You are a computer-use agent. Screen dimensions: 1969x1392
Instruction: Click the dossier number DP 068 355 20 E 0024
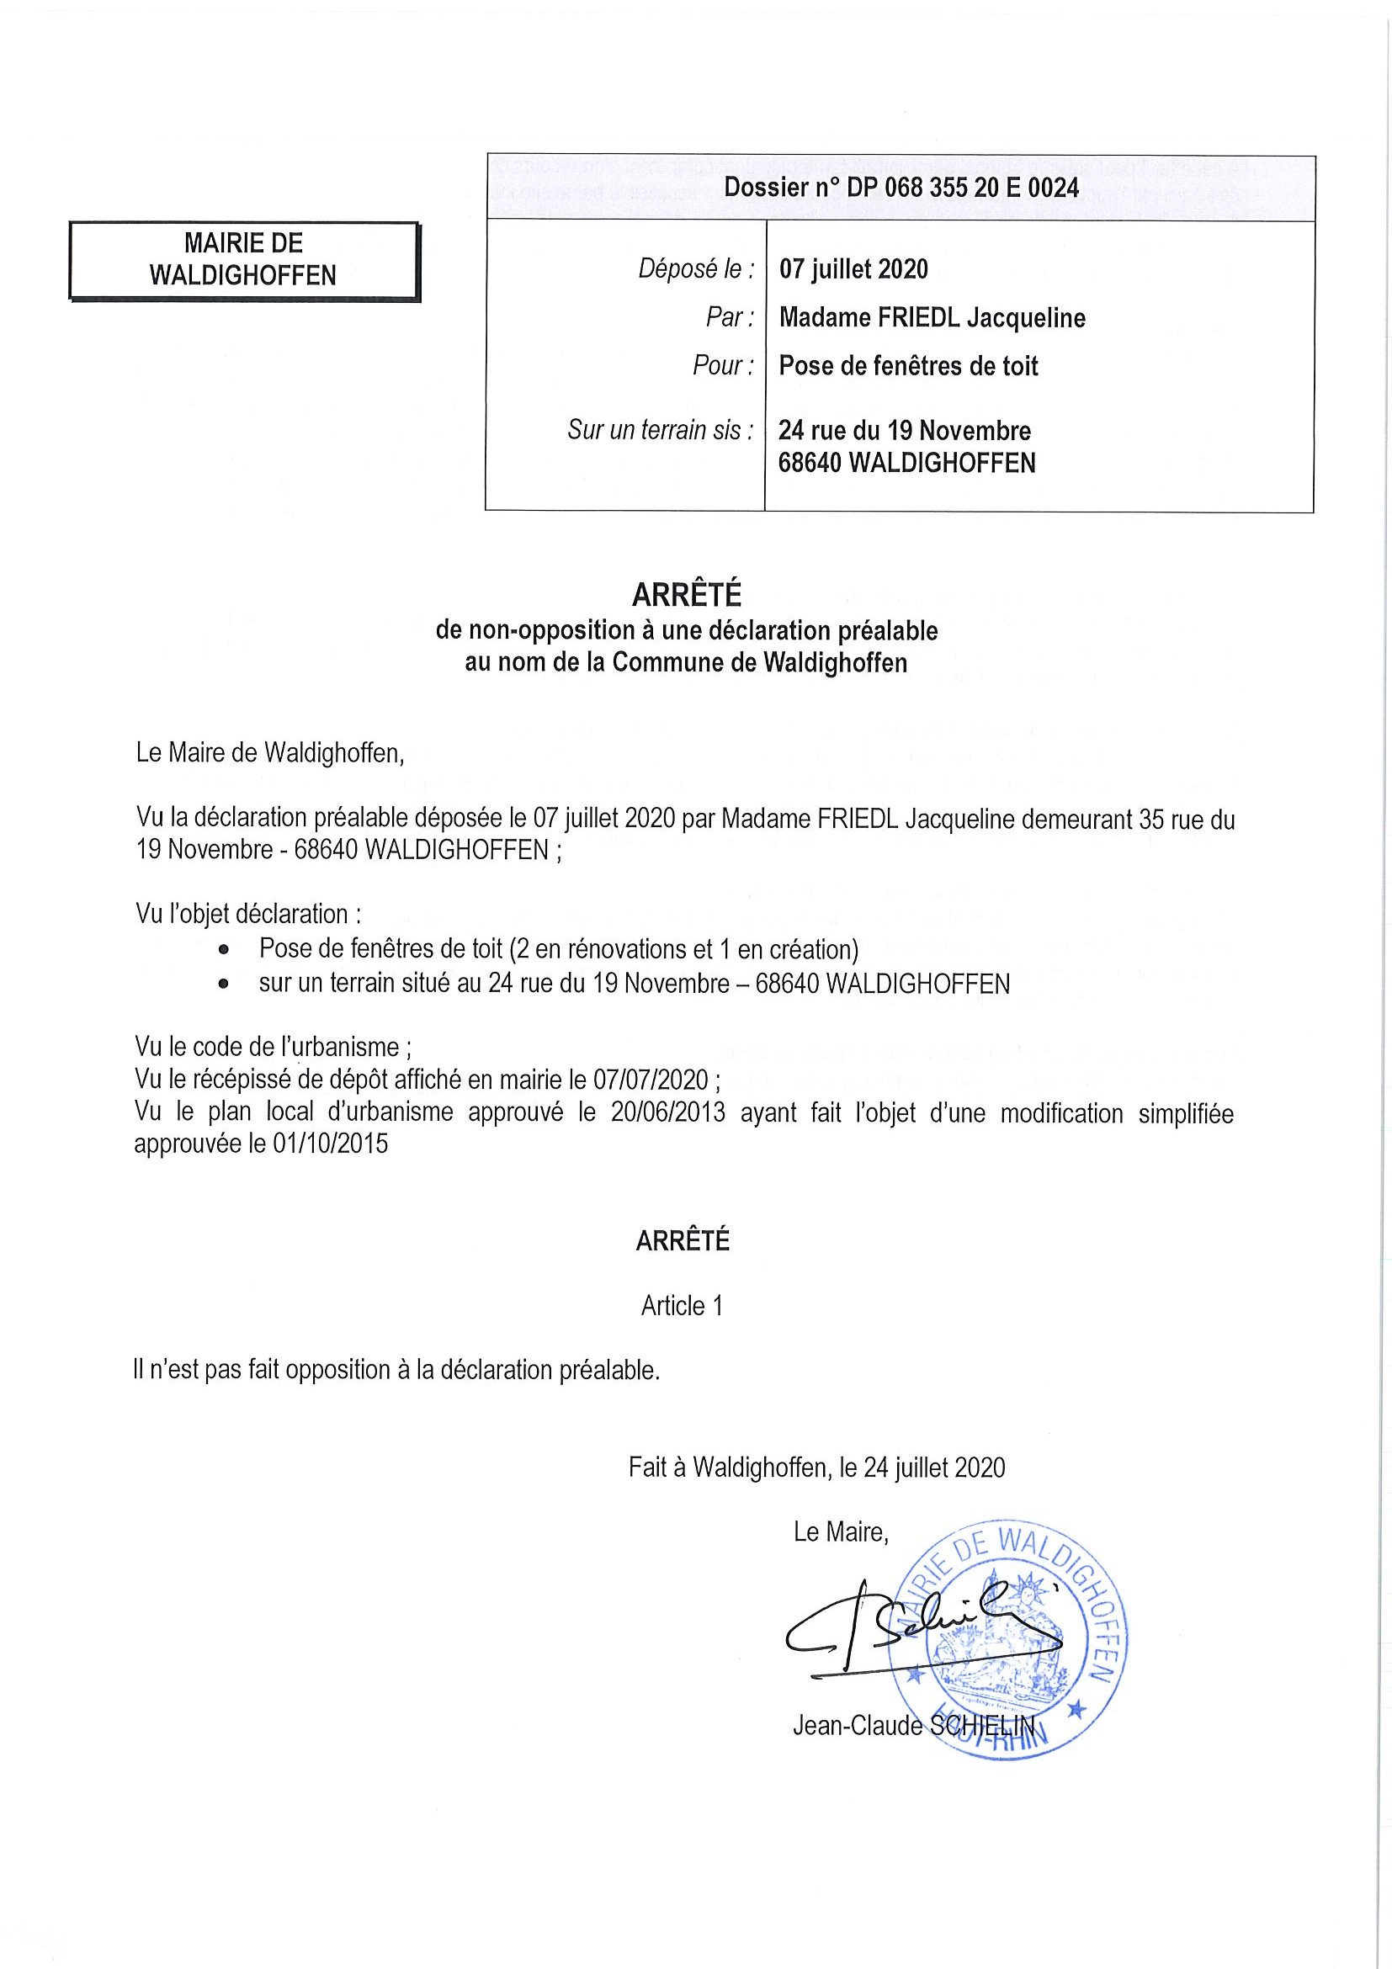(x=962, y=188)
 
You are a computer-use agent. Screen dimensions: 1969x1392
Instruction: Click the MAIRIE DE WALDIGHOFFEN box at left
(x=243, y=260)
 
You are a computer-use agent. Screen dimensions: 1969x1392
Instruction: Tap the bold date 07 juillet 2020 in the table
(x=853, y=269)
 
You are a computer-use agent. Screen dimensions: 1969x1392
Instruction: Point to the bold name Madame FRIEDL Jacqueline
(x=932, y=318)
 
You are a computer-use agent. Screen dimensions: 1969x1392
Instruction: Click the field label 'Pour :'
(x=723, y=366)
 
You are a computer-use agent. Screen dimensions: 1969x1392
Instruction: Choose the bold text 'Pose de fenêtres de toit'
(x=908, y=366)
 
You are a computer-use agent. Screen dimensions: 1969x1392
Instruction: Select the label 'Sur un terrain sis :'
(x=661, y=430)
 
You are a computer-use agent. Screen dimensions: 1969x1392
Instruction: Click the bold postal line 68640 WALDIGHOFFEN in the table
(x=906, y=463)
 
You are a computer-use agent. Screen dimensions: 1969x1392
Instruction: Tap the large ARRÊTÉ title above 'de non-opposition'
(x=686, y=594)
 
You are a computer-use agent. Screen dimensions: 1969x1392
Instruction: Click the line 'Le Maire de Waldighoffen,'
(x=269, y=753)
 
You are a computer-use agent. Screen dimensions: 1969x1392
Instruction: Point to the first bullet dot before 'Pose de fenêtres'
(x=224, y=950)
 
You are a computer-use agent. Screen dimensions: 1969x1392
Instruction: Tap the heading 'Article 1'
(x=682, y=1306)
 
